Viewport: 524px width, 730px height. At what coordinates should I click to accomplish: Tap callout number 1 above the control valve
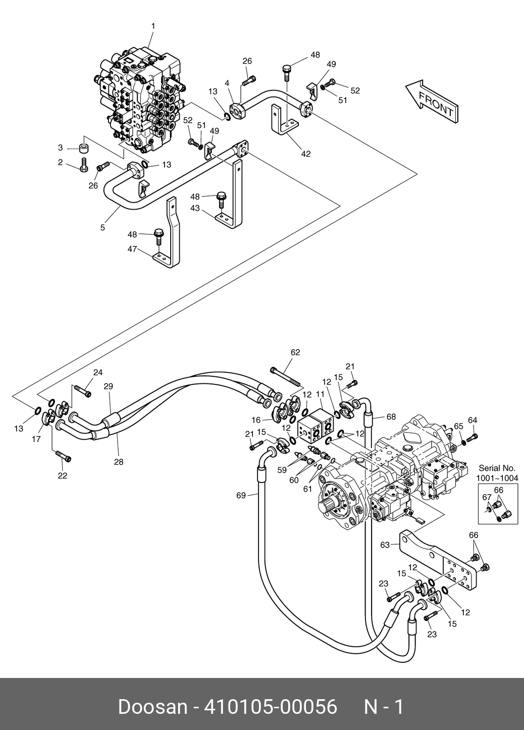point(153,26)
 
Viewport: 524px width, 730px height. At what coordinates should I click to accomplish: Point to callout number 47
point(132,249)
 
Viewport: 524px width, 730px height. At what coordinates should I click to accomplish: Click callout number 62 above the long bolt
point(295,352)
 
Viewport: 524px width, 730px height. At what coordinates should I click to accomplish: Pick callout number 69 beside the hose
point(241,496)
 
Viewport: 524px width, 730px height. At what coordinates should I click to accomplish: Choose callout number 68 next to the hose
point(391,417)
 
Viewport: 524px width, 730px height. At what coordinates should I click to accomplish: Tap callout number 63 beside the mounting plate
point(385,545)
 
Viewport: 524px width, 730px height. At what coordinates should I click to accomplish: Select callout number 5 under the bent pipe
point(102,228)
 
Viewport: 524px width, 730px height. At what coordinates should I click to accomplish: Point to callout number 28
point(118,461)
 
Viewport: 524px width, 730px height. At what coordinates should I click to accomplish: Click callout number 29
point(108,386)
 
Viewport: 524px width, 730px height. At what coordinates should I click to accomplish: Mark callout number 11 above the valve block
point(320,394)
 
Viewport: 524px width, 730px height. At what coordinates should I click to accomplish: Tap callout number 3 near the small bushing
point(60,148)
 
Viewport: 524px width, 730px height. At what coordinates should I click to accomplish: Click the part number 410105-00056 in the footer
point(270,707)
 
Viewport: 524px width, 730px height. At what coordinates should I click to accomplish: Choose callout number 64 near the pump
point(473,420)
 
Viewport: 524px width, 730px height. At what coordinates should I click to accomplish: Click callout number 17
point(36,440)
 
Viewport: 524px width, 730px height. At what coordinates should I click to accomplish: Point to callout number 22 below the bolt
point(62,475)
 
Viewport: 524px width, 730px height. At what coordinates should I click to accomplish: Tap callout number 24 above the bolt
point(98,372)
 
